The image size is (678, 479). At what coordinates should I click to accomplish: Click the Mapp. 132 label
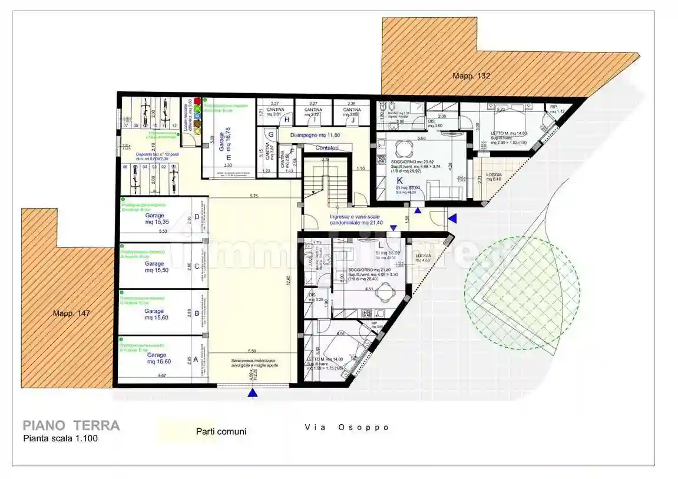click(x=471, y=76)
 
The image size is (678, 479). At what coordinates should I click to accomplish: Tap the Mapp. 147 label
click(x=70, y=313)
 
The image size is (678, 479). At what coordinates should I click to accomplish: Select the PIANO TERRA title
click(x=71, y=425)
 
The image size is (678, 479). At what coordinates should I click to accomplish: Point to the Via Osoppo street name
click(x=347, y=427)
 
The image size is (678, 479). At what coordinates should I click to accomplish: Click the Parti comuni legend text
click(x=221, y=431)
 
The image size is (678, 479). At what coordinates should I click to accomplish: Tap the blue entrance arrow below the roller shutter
click(x=253, y=393)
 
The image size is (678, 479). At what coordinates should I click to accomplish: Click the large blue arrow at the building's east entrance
click(x=452, y=219)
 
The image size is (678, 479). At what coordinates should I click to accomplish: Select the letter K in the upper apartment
click(x=399, y=181)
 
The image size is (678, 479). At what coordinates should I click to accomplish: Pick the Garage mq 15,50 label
click(x=154, y=267)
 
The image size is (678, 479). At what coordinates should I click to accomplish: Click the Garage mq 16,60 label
click(x=156, y=359)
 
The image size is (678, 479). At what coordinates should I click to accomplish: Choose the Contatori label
click(x=326, y=147)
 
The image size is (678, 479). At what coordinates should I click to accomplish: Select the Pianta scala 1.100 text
click(x=61, y=438)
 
